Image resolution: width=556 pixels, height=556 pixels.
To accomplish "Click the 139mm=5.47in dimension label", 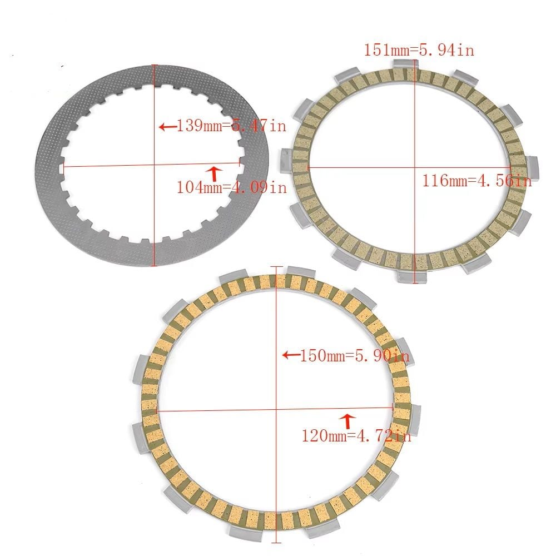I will (231, 126).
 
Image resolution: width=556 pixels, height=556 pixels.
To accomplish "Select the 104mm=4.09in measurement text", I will (231, 187).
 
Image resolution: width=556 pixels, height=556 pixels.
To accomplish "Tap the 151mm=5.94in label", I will (419, 50).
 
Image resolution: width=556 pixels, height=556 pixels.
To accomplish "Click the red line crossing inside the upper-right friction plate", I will (414, 167).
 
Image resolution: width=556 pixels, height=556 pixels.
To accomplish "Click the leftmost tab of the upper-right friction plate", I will (284, 158).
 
